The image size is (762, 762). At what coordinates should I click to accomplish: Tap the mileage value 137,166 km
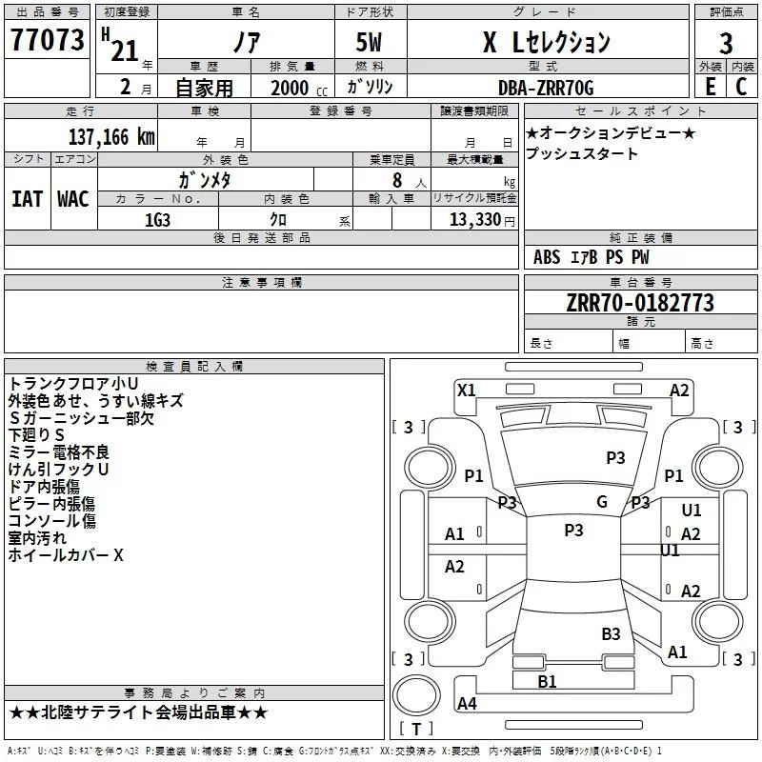click(111, 136)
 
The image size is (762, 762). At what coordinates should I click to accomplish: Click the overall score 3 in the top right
click(726, 44)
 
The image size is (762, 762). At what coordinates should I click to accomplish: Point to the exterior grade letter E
click(710, 86)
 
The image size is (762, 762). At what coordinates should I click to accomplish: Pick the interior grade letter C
click(741, 86)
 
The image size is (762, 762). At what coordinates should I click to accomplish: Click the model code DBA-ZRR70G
click(546, 88)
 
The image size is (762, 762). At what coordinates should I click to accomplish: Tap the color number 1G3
click(157, 219)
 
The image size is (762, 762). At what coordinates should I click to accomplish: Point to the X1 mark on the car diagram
click(466, 390)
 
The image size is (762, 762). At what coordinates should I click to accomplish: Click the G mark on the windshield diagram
click(601, 502)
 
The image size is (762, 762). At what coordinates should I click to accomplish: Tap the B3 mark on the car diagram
click(611, 633)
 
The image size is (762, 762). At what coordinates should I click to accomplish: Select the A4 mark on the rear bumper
click(467, 704)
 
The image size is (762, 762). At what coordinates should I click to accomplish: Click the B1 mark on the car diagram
click(547, 681)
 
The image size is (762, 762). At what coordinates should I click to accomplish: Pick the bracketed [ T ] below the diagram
click(415, 729)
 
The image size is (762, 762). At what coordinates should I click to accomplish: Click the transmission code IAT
click(27, 199)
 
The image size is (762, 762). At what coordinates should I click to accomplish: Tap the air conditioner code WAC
click(72, 199)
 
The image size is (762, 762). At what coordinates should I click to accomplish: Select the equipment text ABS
click(547, 256)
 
